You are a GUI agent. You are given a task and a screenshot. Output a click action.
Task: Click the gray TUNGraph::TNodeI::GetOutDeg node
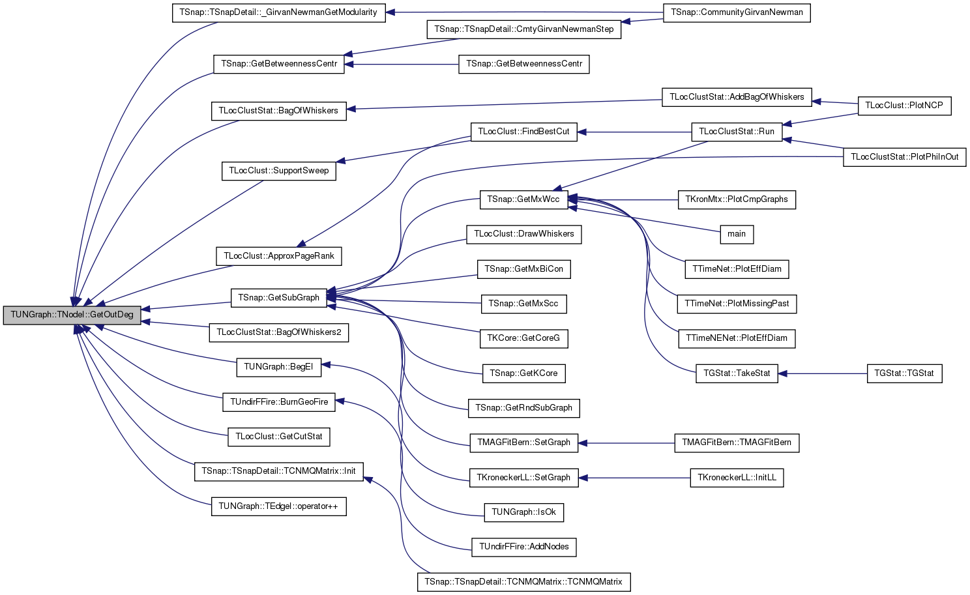click(72, 315)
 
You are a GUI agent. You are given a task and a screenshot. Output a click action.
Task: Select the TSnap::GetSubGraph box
click(279, 298)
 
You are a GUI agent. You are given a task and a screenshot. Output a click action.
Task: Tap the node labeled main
click(737, 234)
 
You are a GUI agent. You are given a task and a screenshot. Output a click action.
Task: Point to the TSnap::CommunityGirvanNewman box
click(737, 12)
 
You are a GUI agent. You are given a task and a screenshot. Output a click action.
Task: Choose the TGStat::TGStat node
click(904, 373)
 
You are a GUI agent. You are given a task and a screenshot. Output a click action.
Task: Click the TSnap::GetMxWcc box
click(523, 199)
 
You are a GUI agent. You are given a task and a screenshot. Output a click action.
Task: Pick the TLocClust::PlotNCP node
click(904, 106)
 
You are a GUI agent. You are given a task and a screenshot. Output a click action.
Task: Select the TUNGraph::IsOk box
click(523, 512)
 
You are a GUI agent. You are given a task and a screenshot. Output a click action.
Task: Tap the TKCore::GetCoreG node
click(523, 338)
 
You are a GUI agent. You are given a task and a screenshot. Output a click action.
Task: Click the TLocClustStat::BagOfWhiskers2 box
click(279, 332)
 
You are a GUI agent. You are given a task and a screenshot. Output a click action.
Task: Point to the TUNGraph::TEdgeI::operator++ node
click(279, 506)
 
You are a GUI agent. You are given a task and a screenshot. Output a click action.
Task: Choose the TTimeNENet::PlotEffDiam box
click(737, 338)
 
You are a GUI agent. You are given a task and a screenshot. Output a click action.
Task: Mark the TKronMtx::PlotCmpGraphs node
click(737, 199)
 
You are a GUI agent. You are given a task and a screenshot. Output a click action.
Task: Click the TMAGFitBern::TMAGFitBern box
click(737, 443)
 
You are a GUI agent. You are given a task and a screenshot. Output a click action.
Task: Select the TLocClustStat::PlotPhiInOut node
click(904, 157)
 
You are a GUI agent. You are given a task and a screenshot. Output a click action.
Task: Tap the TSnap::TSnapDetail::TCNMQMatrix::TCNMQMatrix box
click(523, 582)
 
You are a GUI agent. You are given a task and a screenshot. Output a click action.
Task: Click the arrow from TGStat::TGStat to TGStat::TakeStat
click(822, 373)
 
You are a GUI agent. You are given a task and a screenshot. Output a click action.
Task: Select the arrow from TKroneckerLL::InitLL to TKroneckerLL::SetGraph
click(634, 478)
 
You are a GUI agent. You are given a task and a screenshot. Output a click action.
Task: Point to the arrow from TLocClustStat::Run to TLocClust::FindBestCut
click(634, 132)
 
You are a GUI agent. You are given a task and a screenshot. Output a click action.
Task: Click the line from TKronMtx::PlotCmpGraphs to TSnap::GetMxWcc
click(623, 199)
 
